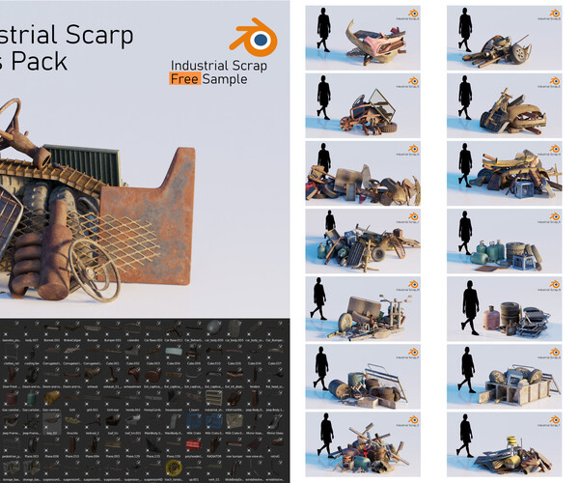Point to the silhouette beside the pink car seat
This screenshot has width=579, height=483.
(322, 29)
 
